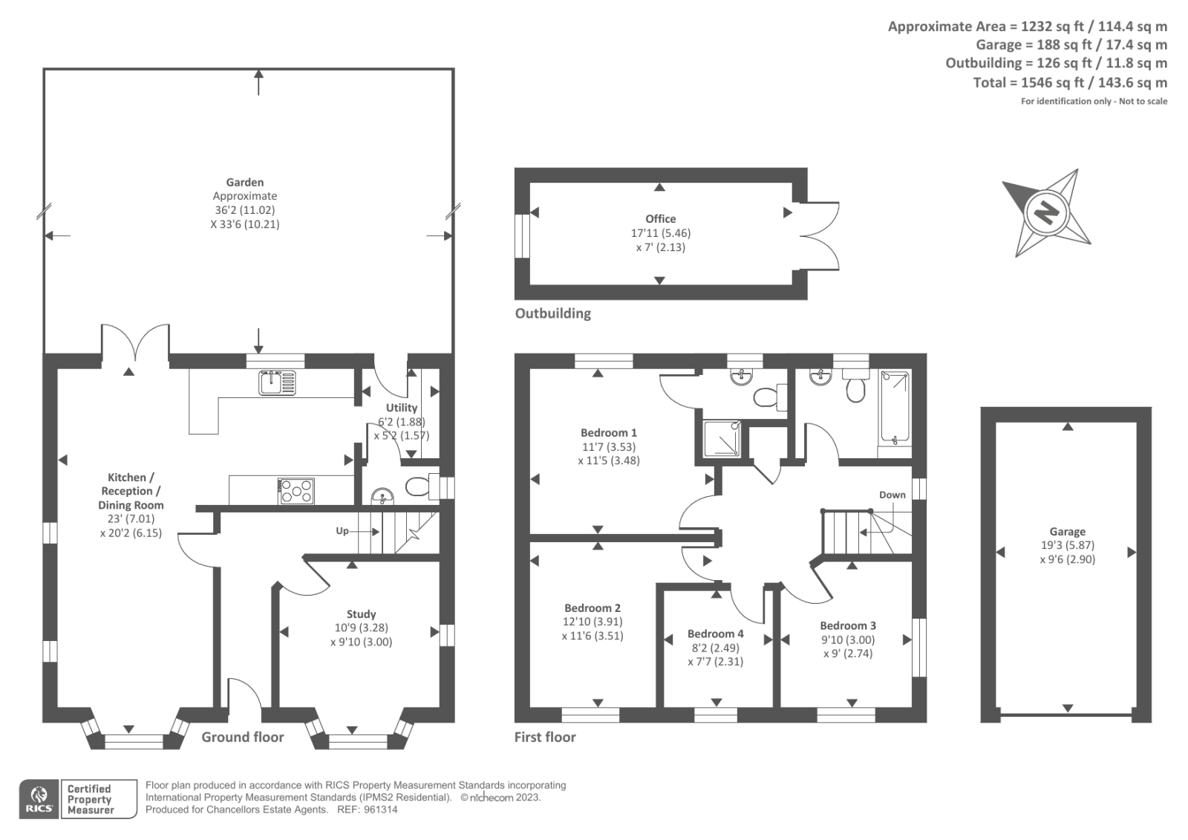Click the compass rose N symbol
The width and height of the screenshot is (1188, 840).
pos(1047,214)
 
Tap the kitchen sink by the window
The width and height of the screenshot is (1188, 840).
pos(277,382)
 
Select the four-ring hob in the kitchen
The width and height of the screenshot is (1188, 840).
pos(296,491)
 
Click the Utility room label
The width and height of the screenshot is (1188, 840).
pos(402,408)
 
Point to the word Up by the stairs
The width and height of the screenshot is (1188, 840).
pos(342,531)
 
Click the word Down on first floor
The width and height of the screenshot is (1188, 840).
pos(892,495)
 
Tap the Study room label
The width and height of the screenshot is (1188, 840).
pos(362,614)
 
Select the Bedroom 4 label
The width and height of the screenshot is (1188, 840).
pos(715,634)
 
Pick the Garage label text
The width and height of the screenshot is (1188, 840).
pos(1067,532)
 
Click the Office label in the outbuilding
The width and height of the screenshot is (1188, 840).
pos(660,218)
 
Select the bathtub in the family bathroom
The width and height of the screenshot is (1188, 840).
pos(895,407)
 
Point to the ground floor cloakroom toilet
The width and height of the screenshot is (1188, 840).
pos(420,486)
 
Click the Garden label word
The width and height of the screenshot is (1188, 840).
pos(245,182)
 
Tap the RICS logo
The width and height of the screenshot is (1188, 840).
pos(39,799)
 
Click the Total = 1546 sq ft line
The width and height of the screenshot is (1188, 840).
pos(1070,82)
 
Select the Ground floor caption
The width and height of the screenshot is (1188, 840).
pos(243,737)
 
